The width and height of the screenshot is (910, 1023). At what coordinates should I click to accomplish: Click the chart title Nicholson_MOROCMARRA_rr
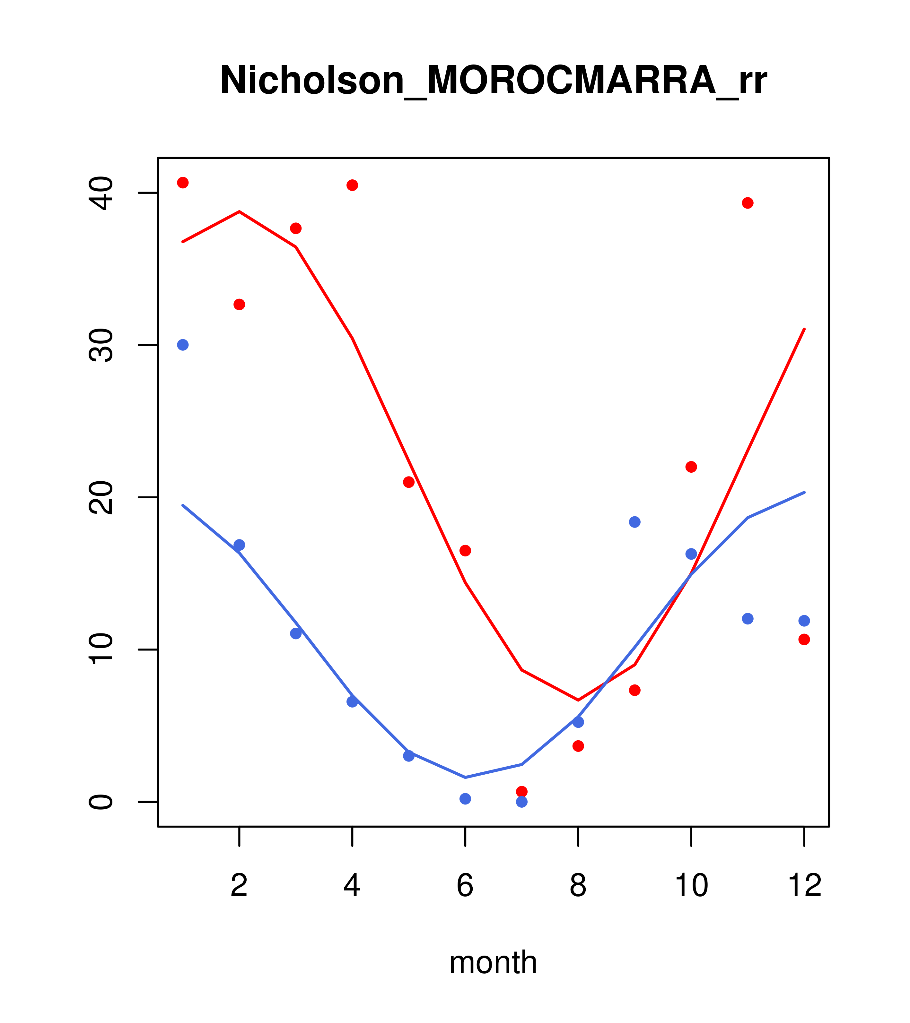[x=493, y=80]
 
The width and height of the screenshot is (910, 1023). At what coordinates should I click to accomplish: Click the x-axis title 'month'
[x=493, y=962]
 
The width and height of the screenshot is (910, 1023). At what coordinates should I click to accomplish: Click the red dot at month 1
[x=183, y=183]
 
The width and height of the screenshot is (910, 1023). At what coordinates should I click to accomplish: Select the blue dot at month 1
[x=183, y=345]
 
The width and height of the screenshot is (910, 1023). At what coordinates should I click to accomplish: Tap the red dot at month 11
[x=748, y=203]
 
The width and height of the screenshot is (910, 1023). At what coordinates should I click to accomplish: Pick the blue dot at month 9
[x=634, y=522]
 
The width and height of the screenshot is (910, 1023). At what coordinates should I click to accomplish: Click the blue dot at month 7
[x=522, y=802]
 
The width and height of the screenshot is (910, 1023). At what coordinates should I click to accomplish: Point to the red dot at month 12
[x=804, y=639]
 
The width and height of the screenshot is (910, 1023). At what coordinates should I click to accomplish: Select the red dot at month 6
[x=465, y=551]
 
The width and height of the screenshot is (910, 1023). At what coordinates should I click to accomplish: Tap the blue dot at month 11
[x=748, y=619]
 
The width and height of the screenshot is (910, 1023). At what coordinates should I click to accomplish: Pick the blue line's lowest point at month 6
[x=465, y=777]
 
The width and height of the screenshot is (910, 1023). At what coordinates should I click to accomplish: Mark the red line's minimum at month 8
[x=578, y=700]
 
